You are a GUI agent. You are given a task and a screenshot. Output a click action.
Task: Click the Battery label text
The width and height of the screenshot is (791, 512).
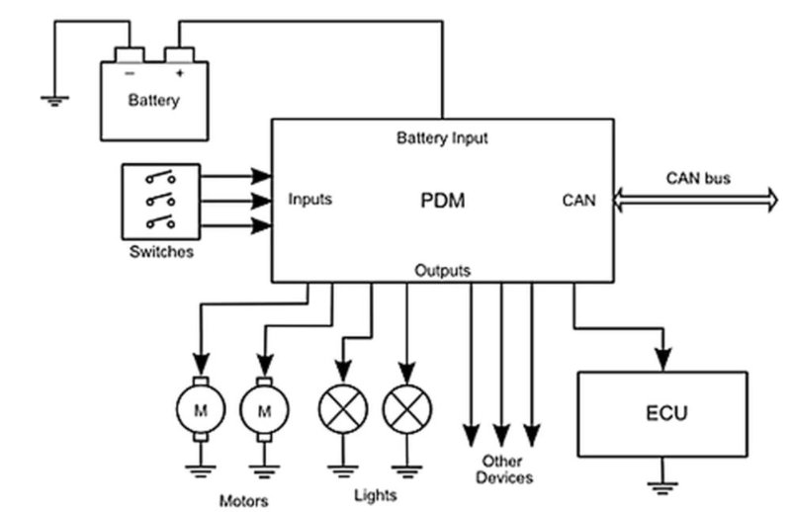coord(154,100)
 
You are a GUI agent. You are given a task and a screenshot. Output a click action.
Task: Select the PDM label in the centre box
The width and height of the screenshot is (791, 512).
coord(442,201)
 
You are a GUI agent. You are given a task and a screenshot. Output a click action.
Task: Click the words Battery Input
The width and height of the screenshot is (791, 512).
coord(442,137)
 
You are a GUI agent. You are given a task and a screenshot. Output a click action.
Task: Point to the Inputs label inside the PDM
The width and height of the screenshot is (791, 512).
coord(310,200)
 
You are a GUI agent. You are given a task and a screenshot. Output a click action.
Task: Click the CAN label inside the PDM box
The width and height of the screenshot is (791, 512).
coord(579,201)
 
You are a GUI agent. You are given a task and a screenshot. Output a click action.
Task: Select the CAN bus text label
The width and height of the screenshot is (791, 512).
coord(697,178)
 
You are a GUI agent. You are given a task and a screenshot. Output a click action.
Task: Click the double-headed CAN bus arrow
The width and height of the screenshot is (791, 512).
coord(696,200)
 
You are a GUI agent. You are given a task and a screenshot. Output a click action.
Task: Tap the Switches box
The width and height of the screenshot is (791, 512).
coord(160,202)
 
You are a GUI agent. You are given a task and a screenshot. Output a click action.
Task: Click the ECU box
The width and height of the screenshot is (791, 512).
coord(660,413)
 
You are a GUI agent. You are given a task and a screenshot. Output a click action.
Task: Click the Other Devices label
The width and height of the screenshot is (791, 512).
coord(503,469)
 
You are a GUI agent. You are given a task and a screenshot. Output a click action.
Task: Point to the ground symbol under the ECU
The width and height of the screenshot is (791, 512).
coord(660,484)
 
